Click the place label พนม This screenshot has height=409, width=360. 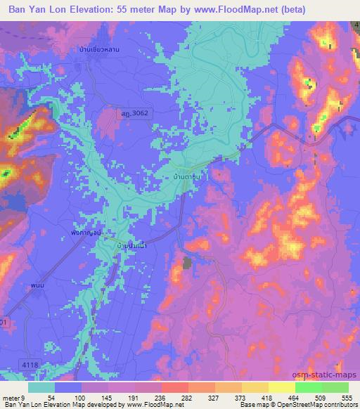[x=37, y=287]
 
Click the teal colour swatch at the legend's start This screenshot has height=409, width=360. [x=41, y=387]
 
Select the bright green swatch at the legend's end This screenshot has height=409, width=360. [x=335, y=387]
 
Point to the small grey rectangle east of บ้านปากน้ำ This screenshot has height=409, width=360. [x=187, y=264]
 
